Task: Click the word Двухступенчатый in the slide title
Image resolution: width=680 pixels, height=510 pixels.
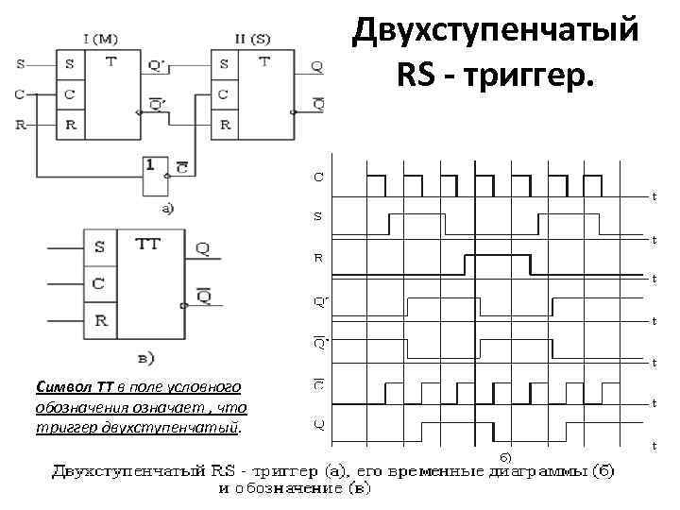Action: [x=495, y=31]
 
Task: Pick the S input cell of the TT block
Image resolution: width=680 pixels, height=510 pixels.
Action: [x=99, y=247]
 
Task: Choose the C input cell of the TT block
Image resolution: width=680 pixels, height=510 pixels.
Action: [x=99, y=282]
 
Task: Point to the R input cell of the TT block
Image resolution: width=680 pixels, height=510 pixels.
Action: [x=99, y=318]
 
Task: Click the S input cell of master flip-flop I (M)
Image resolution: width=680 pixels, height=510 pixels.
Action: [x=69, y=64]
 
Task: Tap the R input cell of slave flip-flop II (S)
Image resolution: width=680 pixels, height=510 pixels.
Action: [x=223, y=124]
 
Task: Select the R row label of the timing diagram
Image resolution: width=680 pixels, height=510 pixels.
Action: [x=317, y=256]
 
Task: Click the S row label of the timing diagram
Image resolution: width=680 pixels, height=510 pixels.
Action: [x=317, y=216]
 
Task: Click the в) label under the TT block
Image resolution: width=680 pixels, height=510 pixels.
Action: [x=146, y=357]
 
